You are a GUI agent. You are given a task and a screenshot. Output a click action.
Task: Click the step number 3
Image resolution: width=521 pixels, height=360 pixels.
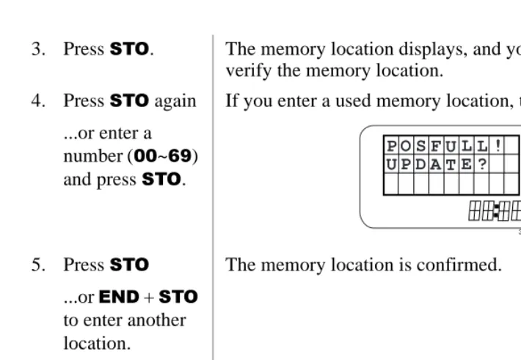point(38,49)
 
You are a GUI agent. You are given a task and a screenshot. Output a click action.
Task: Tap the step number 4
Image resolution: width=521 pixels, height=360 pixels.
point(38,100)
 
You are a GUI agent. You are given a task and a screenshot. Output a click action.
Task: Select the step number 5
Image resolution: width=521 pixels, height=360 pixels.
point(38,265)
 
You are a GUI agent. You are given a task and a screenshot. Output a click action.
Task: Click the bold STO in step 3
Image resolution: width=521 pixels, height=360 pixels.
point(129,49)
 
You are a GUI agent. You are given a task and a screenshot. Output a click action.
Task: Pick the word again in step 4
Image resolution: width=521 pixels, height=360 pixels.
point(175,102)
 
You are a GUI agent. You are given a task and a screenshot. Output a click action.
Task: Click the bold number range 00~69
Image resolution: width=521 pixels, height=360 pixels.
point(163,155)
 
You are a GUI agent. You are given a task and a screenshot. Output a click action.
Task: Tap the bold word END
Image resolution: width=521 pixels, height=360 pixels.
point(119,296)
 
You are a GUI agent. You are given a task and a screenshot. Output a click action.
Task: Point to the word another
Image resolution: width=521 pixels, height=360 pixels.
point(156,320)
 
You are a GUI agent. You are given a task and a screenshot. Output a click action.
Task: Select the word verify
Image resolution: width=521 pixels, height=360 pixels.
point(249,71)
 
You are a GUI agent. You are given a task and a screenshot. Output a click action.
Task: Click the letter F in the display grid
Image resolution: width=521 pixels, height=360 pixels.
point(436,146)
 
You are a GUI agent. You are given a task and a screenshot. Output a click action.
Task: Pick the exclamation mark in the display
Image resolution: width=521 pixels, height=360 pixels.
point(498,145)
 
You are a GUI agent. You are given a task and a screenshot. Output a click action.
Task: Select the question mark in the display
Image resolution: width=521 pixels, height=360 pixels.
point(482,164)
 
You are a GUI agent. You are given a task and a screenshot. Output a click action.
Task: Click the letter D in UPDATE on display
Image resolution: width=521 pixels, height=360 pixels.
point(420,164)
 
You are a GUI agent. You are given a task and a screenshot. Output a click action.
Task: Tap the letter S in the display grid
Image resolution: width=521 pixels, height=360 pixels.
point(420,146)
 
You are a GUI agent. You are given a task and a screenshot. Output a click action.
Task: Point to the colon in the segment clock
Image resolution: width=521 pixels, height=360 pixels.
point(496,211)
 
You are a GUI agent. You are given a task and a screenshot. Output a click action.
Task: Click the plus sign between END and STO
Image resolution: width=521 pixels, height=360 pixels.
point(149,297)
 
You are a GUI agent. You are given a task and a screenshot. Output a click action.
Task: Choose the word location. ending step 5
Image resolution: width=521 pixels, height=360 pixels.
point(97,343)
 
